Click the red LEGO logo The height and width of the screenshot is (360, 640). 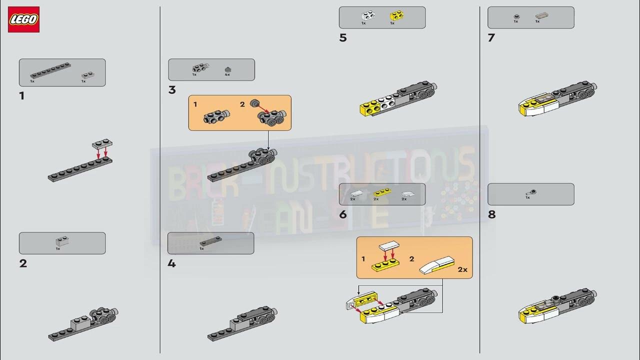(23, 20)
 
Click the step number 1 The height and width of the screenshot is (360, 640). (22, 95)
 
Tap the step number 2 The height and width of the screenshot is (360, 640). (23, 263)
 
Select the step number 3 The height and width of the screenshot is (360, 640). (172, 90)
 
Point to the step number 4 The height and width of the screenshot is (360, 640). (171, 263)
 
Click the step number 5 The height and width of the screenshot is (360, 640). (342, 38)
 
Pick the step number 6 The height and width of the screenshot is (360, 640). (342, 214)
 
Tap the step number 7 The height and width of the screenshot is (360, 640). (491, 38)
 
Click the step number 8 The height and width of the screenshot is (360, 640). (491, 214)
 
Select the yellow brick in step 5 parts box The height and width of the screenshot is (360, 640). (397, 15)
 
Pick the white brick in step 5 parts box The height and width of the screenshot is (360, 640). (368, 15)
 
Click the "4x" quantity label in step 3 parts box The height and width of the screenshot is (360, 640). (227, 74)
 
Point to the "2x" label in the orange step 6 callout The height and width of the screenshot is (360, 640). (462, 269)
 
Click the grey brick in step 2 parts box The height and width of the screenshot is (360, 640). (62, 241)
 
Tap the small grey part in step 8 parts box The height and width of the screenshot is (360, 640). (531, 192)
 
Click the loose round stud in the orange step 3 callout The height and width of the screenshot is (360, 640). (254, 103)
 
